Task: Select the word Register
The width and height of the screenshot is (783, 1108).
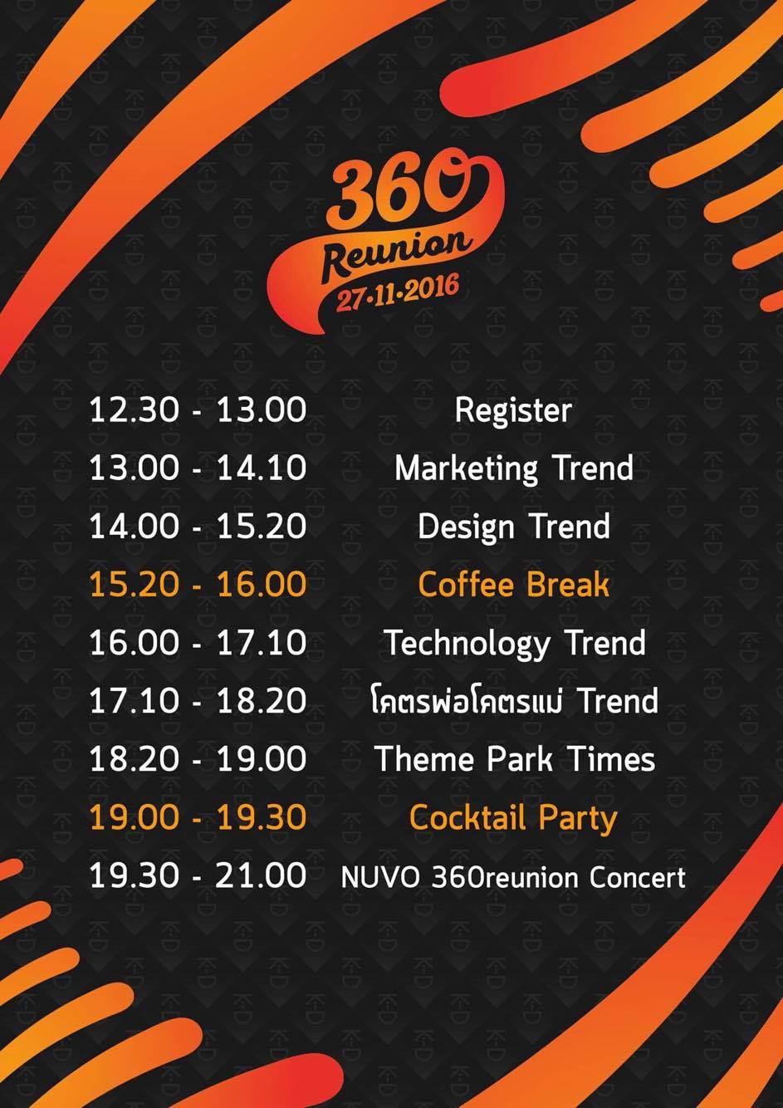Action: click(513, 410)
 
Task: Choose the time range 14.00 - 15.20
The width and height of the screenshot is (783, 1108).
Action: click(198, 527)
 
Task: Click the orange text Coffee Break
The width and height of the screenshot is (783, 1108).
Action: click(513, 584)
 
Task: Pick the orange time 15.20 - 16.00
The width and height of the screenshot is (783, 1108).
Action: click(198, 584)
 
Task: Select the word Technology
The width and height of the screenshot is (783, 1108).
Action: click(467, 644)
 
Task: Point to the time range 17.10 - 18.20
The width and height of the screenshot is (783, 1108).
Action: click(198, 700)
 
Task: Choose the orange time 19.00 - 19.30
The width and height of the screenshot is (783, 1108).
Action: click(198, 816)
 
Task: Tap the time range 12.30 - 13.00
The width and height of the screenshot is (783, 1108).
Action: click(198, 410)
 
